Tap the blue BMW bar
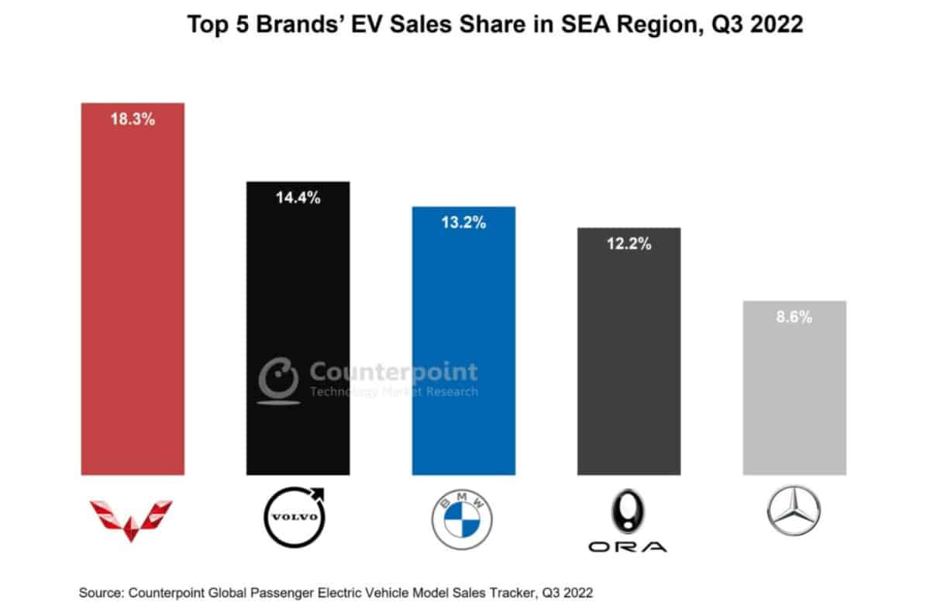[x=463, y=349]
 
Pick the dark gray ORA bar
[x=629, y=356]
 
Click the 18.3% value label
[x=133, y=120]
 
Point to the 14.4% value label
[x=298, y=198]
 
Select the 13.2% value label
[x=463, y=223]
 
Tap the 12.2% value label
[x=629, y=244]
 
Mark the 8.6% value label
[x=794, y=317]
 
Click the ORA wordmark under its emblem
[x=628, y=547]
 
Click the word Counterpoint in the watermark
[x=394, y=373]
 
